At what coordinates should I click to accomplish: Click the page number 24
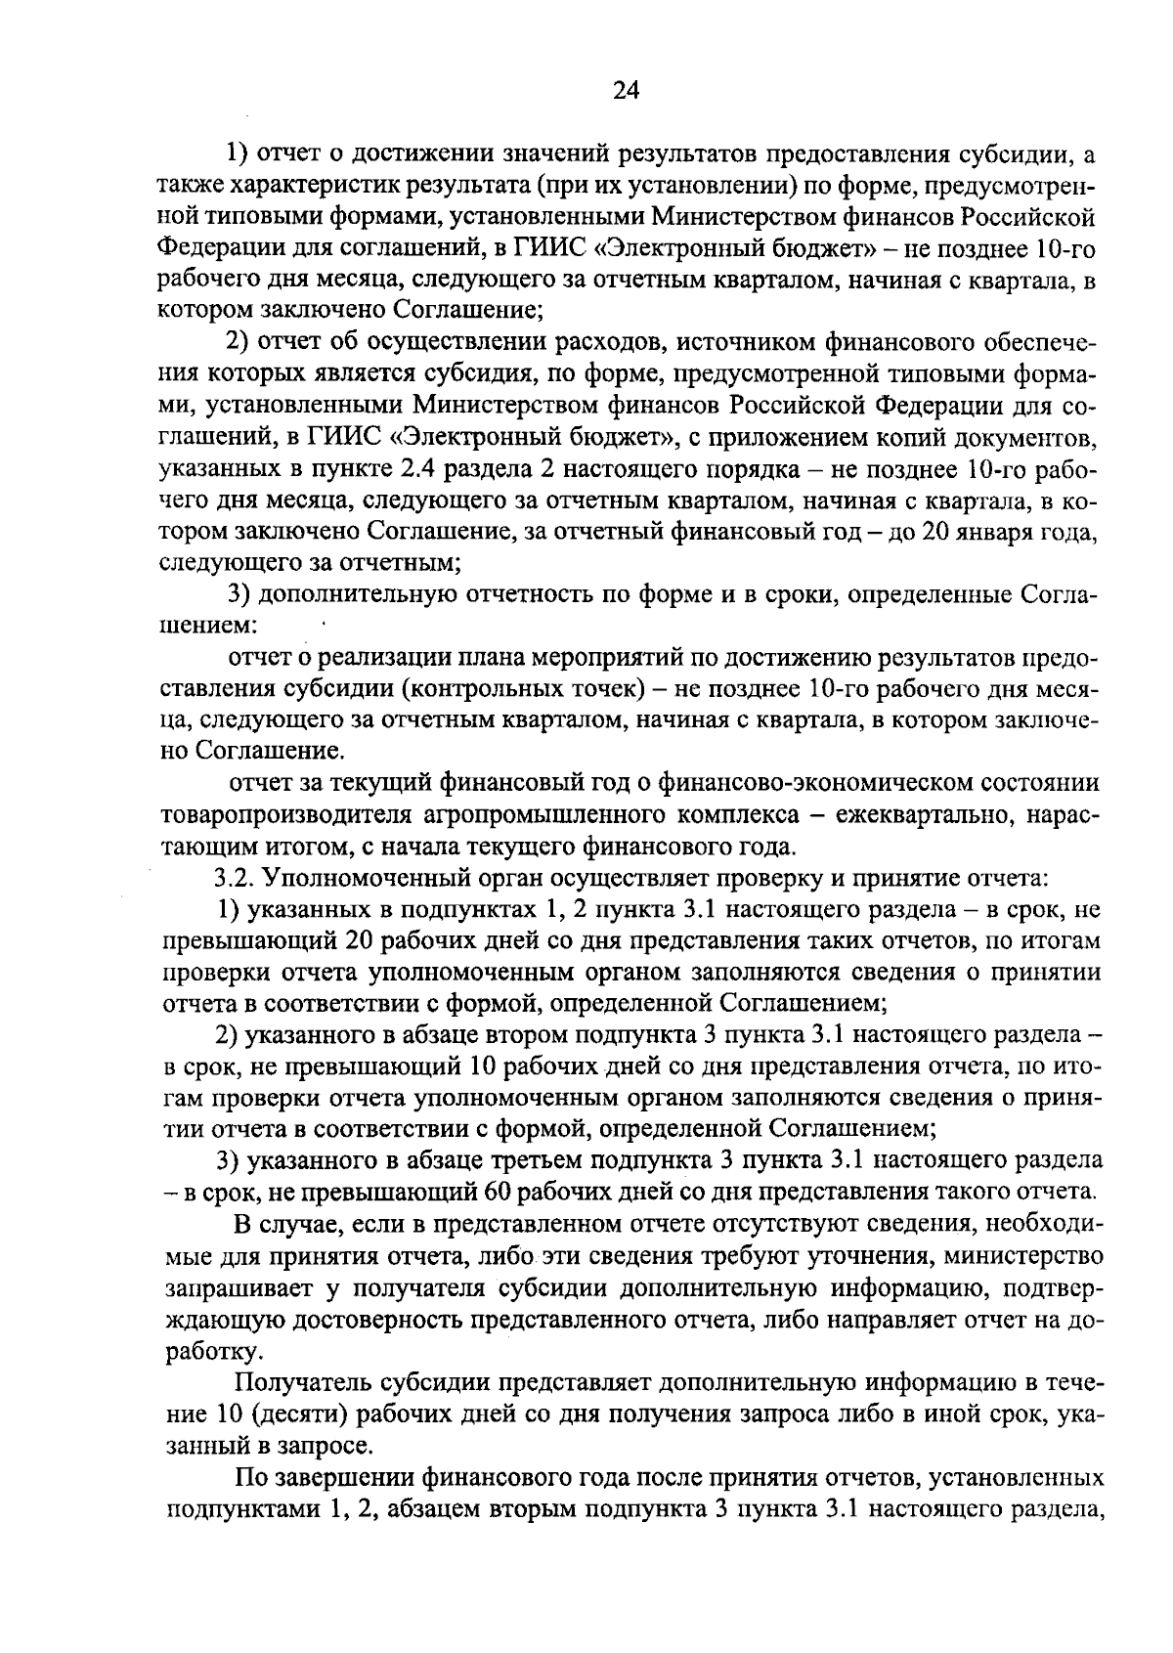(626, 91)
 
